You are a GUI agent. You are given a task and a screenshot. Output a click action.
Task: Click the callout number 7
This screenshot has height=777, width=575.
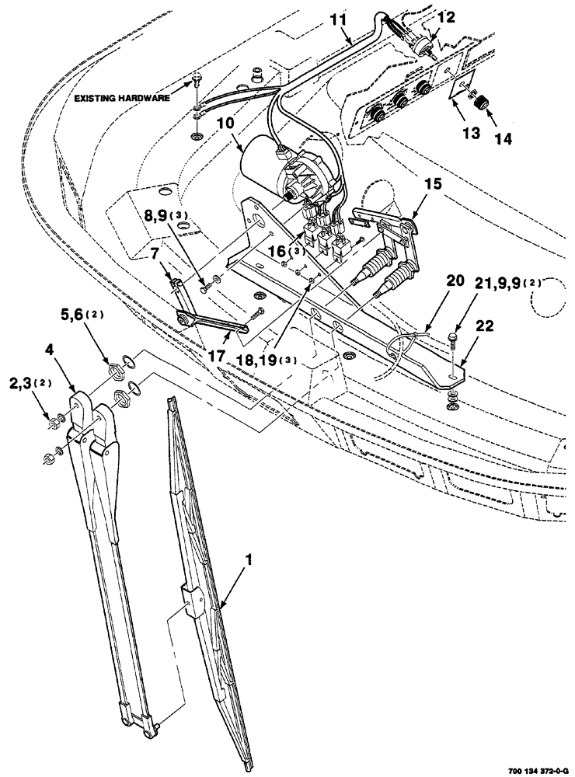pyautogui.click(x=155, y=253)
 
